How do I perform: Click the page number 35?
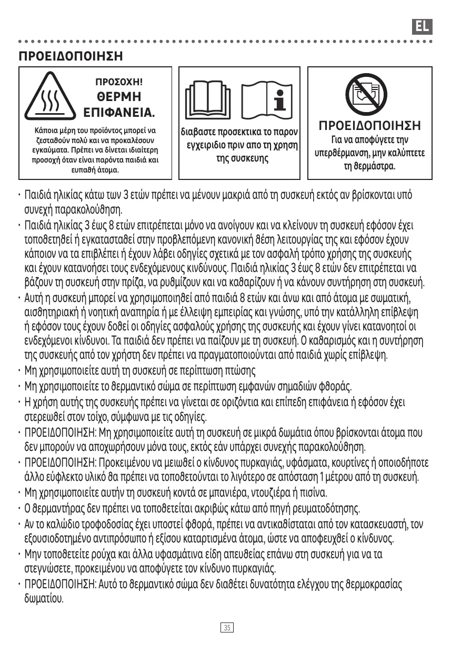[x=227, y=628]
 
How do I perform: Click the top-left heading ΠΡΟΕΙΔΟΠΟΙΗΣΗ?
[x=71, y=56]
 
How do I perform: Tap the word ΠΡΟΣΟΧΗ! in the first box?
[x=119, y=82]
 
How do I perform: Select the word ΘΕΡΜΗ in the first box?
[x=119, y=97]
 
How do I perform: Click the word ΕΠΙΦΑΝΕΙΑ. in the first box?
[x=119, y=113]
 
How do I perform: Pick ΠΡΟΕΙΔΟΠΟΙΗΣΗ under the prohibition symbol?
[x=369, y=127]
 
